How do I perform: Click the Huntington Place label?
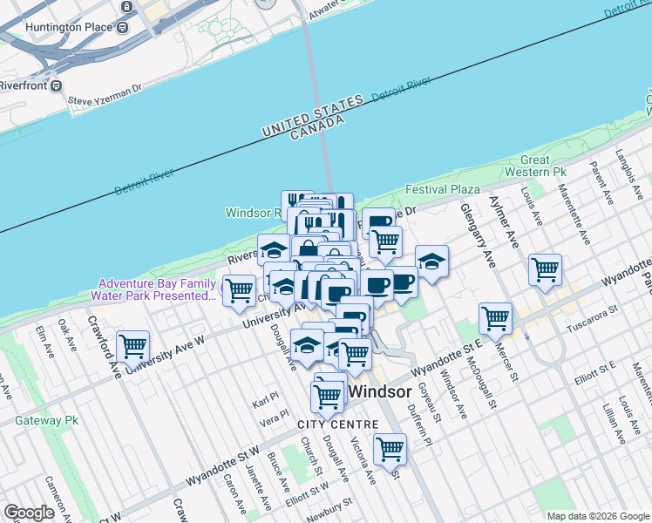pyautogui.click(x=69, y=27)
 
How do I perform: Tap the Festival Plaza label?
pyautogui.click(x=442, y=189)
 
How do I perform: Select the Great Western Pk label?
pyautogui.click(x=547, y=166)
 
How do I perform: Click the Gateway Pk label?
pyautogui.click(x=46, y=420)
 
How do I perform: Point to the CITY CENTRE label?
pyautogui.click(x=338, y=425)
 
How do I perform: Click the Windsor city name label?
pyautogui.click(x=380, y=391)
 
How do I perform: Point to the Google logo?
pyautogui.click(x=30, y=513)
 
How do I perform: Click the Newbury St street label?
pyautogui.click(x=329, y=506)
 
